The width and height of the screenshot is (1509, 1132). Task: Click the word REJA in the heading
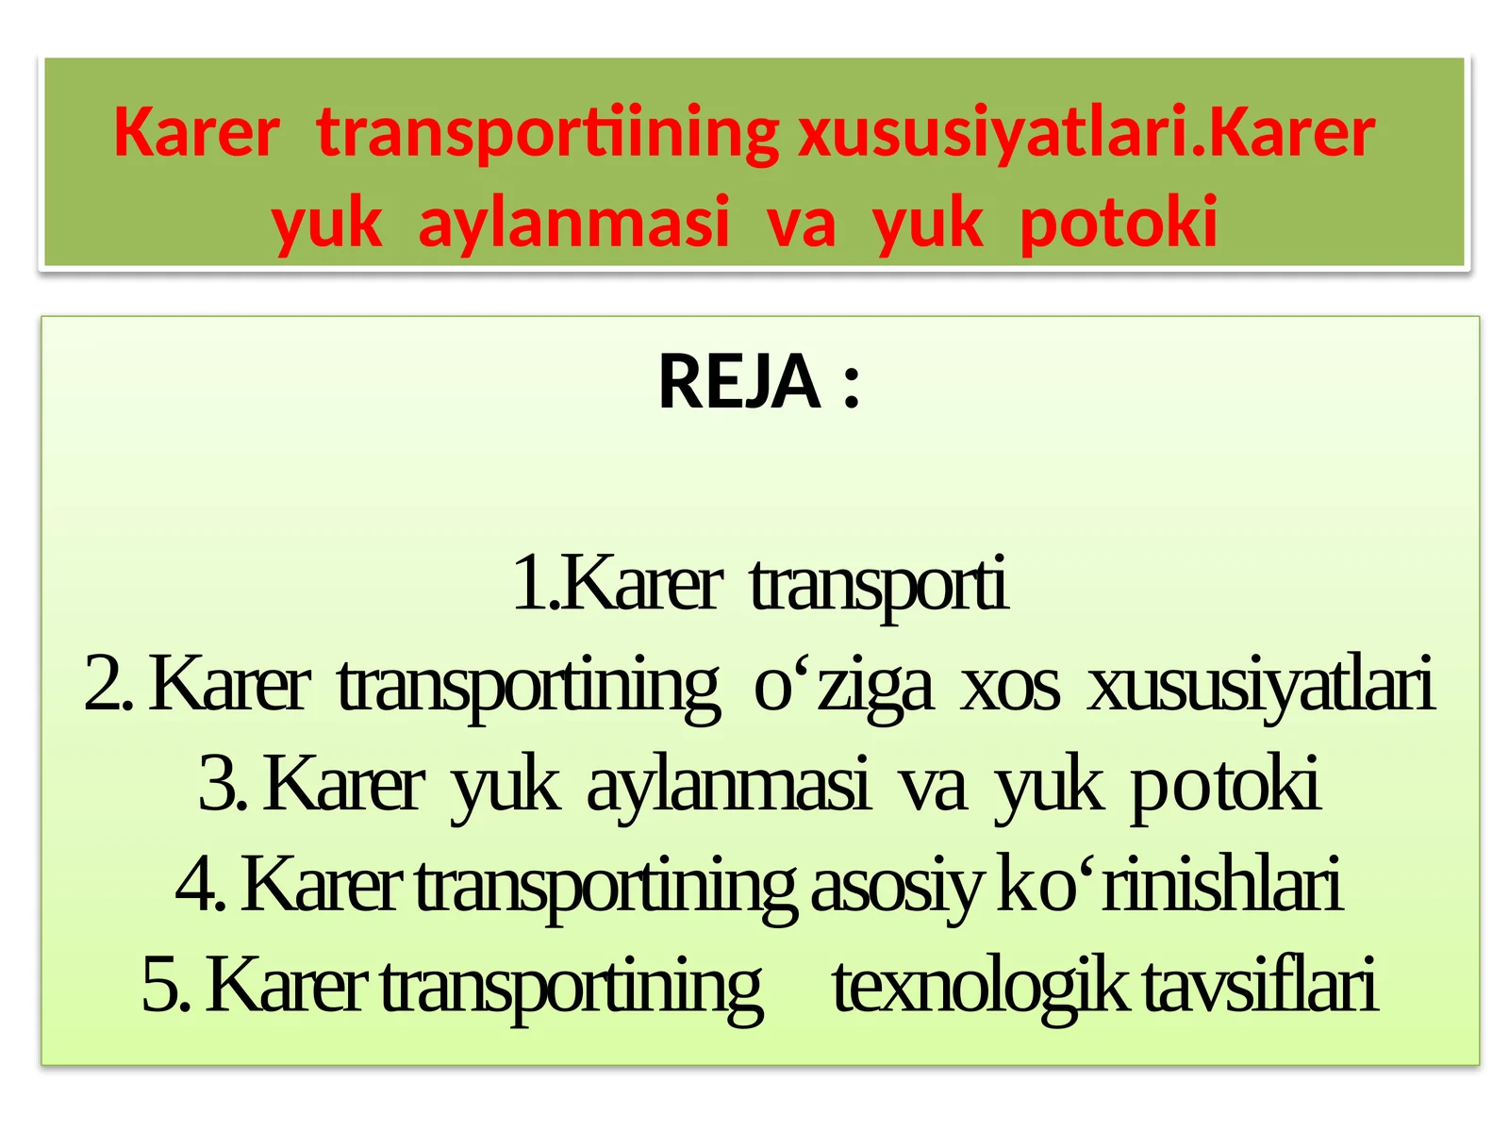738,382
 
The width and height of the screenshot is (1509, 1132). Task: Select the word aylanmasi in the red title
573,223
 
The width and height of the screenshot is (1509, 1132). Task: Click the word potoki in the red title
1119,223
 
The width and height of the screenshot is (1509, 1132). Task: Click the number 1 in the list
530,583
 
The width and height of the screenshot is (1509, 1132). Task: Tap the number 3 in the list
218,785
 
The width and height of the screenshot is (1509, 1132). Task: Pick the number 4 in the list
195,885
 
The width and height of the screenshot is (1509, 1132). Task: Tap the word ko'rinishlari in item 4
1169,885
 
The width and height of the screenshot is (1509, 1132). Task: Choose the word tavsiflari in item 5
1260,985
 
